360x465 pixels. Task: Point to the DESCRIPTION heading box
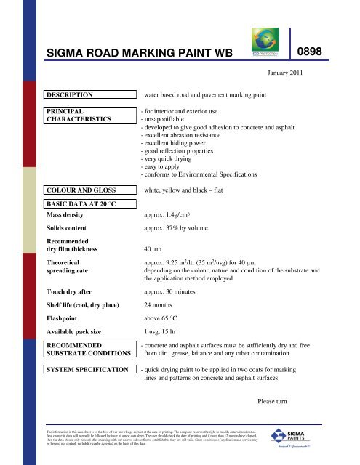click(88, 95)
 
